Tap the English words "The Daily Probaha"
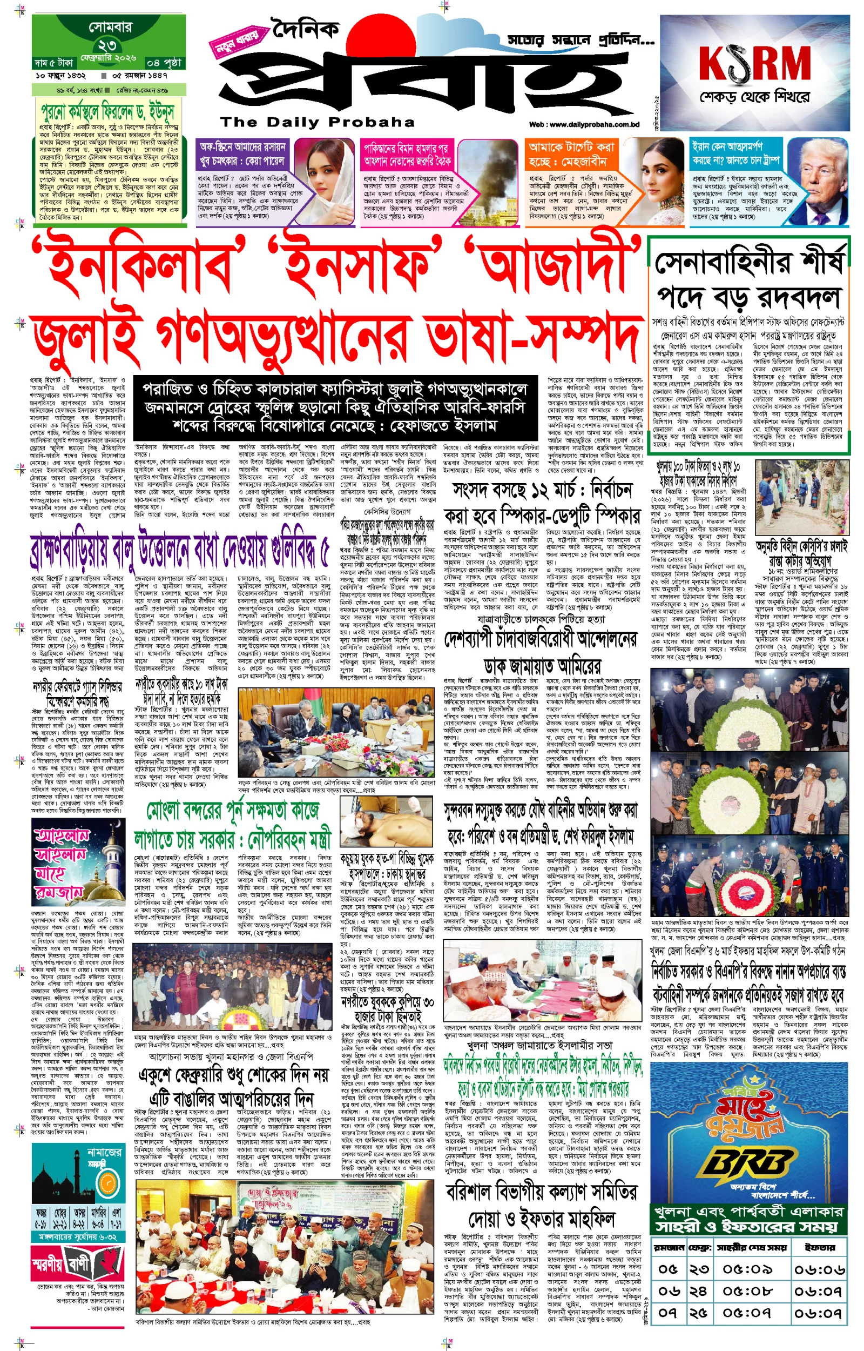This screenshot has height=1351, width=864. pyautogui.click(x=317, y=122)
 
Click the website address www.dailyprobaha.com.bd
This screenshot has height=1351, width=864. pyautogui.click(x=584, y=125)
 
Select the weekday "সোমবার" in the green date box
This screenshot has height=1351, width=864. pyautogui.click(x=110, y=27)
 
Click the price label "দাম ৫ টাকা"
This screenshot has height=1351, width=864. pyautogui.click(x=54, y=62)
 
